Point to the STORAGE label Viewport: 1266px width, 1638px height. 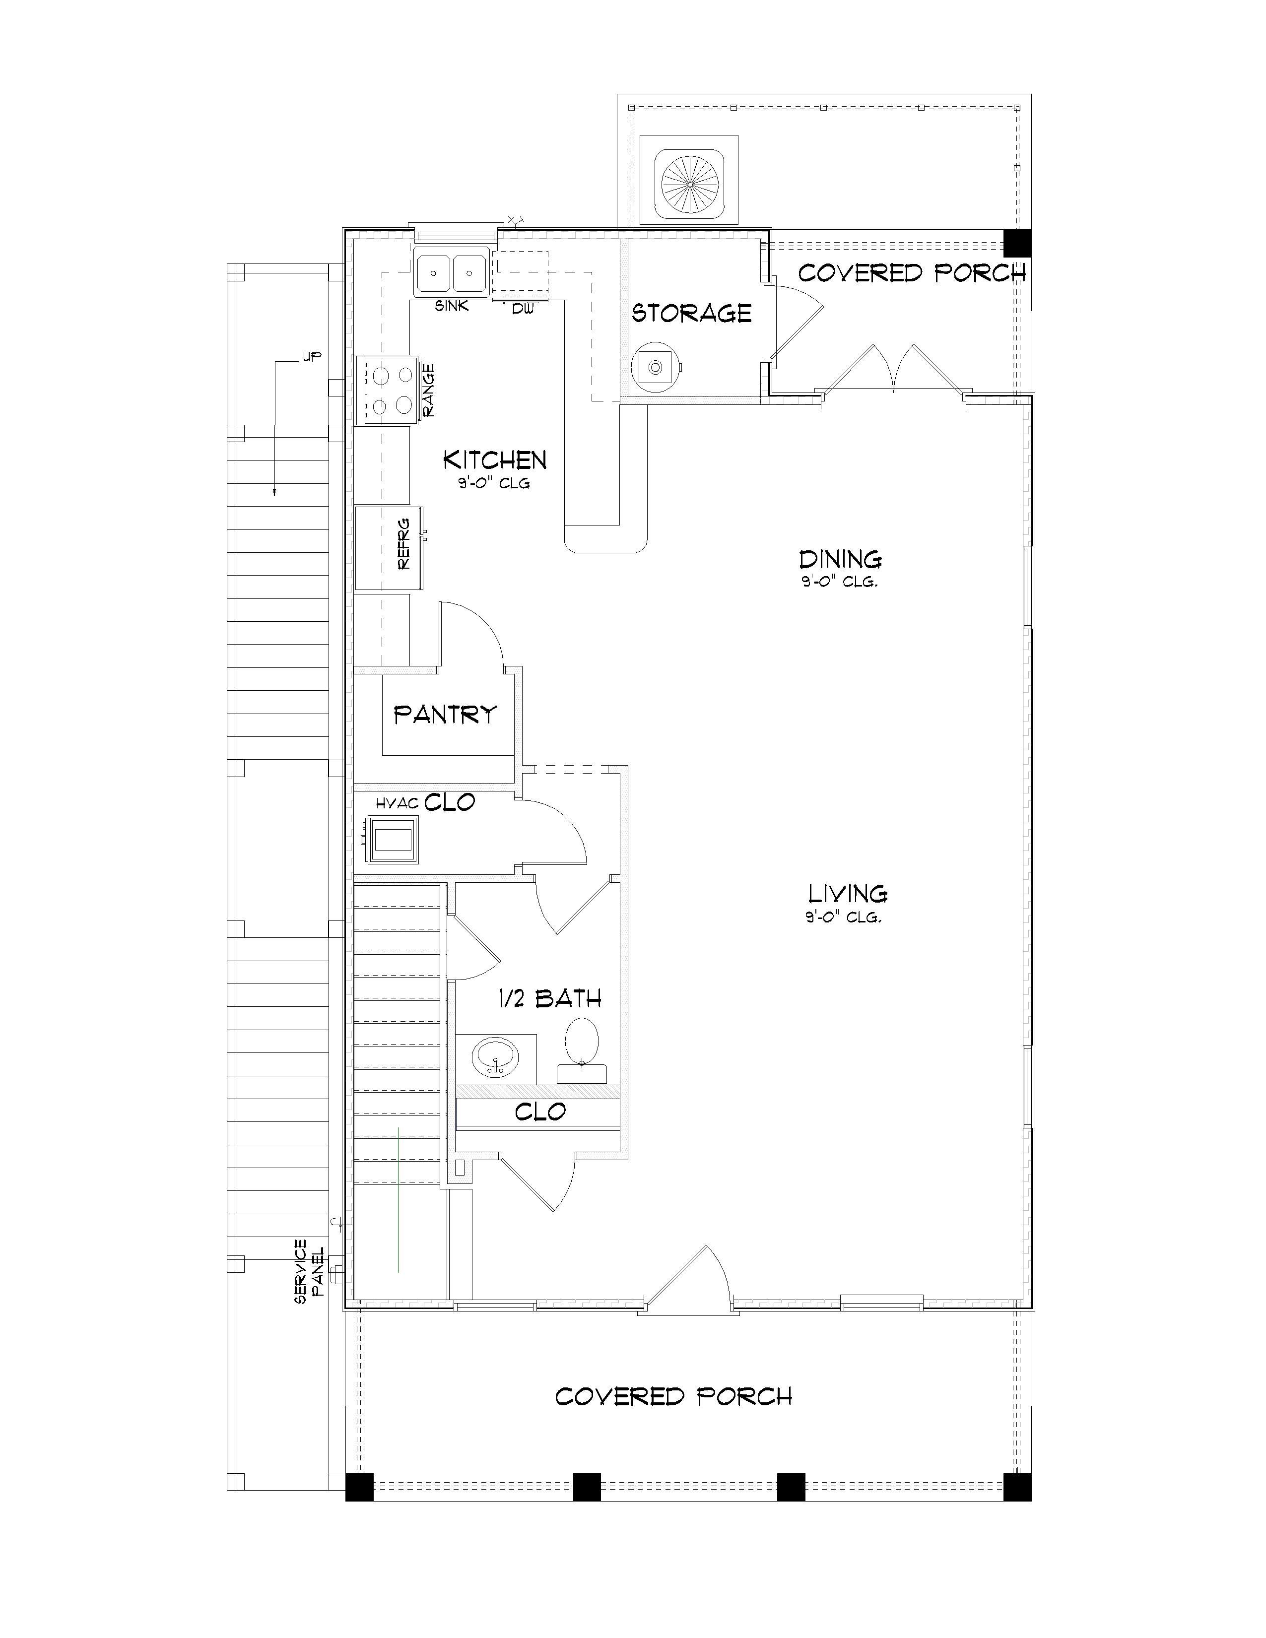[691, 313]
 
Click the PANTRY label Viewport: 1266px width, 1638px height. [446, 714]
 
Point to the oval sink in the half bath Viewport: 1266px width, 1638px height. [495, 1056]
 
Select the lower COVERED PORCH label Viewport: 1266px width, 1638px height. [673, 1396]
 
